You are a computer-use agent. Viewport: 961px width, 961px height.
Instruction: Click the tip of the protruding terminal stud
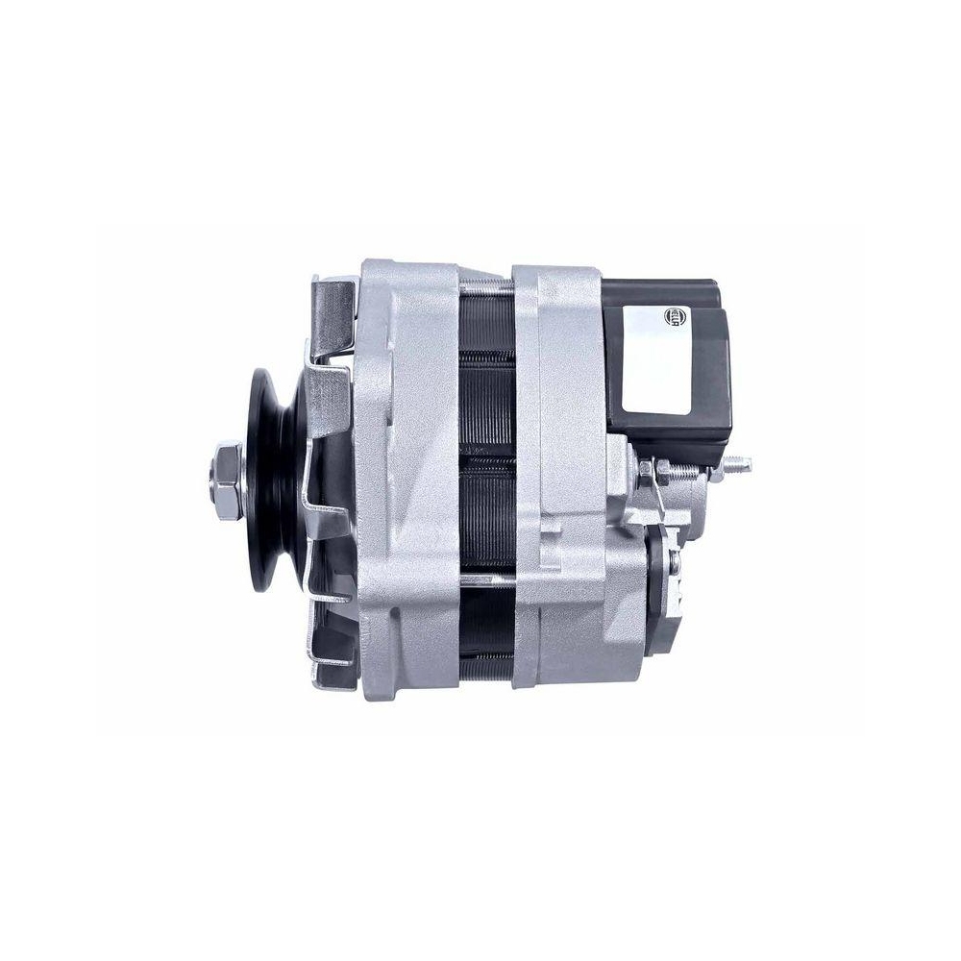pos(747,465)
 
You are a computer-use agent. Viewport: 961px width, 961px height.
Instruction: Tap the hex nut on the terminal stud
pos(663,470)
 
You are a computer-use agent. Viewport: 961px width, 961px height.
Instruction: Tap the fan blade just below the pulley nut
pos(317,538)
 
